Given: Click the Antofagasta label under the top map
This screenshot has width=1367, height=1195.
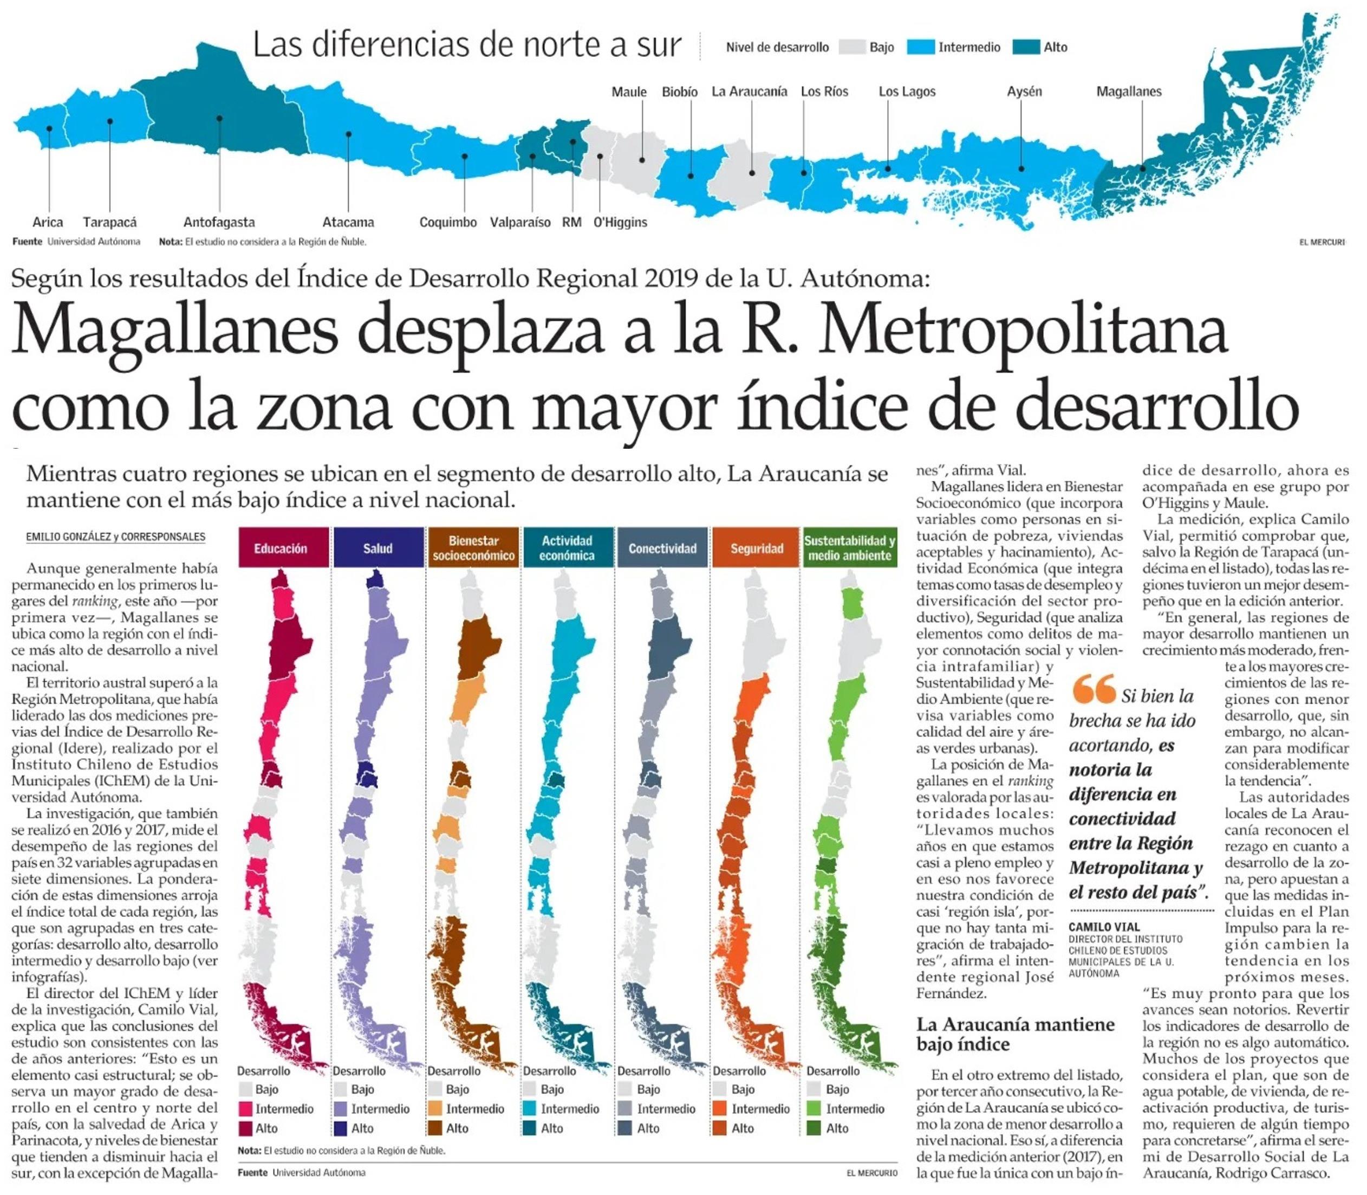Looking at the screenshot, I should point(219,222).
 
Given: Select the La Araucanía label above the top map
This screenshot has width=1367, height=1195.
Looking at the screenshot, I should point(749,92).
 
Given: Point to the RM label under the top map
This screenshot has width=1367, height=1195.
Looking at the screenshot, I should point(571,222).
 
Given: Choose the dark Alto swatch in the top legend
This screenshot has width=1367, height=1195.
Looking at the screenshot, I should point(1026,47).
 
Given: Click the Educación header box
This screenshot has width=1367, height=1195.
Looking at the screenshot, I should point(284,548).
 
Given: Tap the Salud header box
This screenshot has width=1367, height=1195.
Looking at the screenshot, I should point(378,548).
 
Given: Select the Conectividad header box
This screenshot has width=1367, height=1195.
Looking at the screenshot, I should point(662,548).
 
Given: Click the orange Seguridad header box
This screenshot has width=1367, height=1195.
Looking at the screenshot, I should point(757,548).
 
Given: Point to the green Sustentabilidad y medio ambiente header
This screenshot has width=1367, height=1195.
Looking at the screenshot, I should point(850,548).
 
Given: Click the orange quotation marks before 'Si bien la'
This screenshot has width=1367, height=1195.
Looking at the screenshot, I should point(1093,690).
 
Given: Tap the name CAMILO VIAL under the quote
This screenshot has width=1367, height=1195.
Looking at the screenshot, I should point(1104,926).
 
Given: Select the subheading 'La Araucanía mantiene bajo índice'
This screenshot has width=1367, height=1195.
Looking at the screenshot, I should point(1014,1033).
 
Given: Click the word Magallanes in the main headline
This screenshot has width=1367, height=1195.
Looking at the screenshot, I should point(174,332).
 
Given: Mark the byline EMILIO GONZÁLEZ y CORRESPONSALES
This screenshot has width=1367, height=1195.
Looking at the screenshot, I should point(115,537).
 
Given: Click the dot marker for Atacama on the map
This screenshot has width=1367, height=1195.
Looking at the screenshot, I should point(349,134).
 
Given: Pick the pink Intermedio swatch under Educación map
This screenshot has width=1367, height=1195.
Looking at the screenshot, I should point(245,1109).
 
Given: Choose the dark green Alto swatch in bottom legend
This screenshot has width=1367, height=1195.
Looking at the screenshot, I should point(814,1128).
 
